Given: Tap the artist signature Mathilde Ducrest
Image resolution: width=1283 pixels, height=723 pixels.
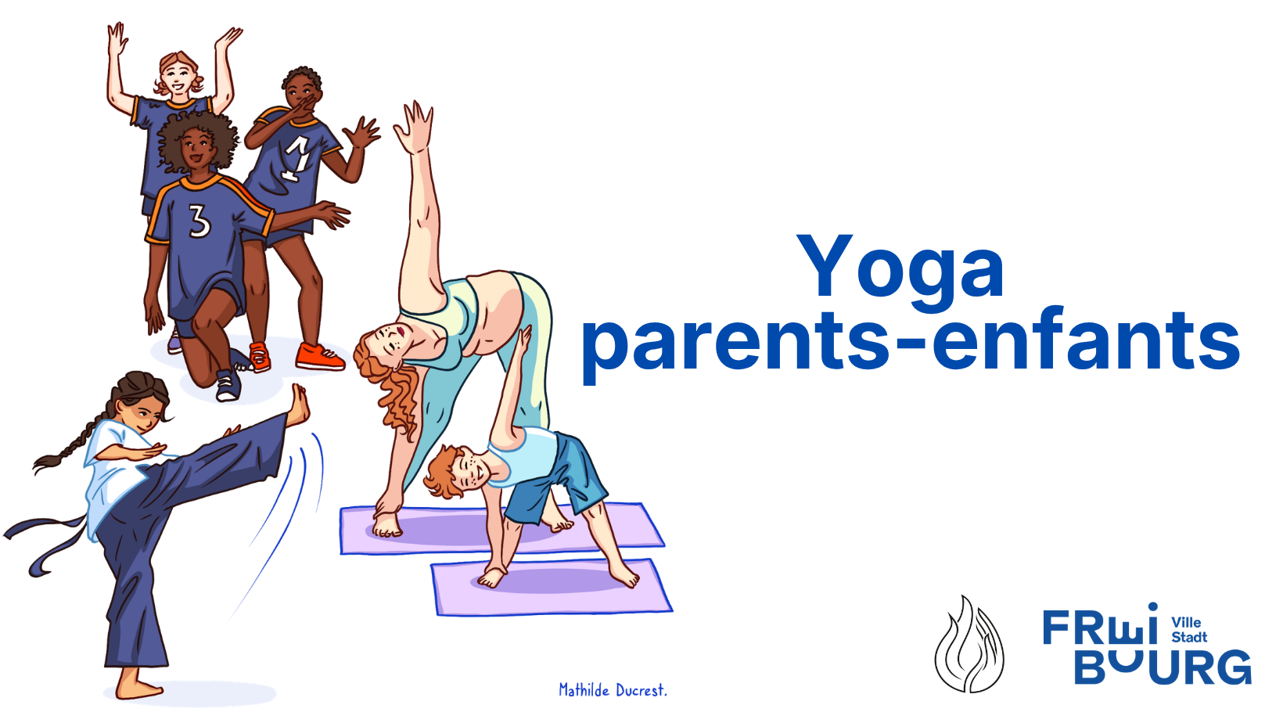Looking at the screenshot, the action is [x=613, y=690].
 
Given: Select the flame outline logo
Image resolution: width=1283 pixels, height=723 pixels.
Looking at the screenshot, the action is [x=969, y=644].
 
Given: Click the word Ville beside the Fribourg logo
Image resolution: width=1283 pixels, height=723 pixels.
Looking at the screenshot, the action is [x=1186, y=622].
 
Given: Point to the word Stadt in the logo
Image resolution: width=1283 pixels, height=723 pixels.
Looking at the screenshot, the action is [x=1189, y=637].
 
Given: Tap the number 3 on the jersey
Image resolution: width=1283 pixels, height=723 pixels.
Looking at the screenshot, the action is [x=199, y=221].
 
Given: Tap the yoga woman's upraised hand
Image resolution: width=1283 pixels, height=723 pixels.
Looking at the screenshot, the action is [x=415, y=128].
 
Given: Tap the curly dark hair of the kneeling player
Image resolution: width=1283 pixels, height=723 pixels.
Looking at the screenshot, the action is [x=197, y=140].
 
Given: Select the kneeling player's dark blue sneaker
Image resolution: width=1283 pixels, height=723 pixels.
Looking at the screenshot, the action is [x=228, y=385].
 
